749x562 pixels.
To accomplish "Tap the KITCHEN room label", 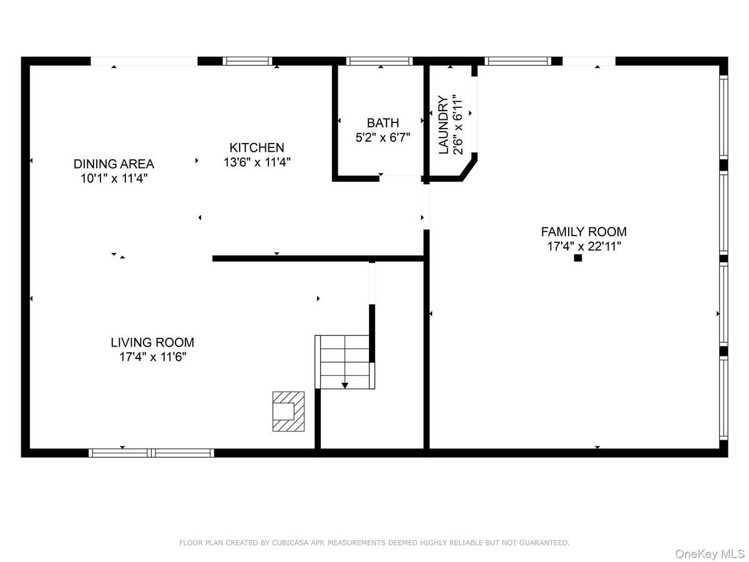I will tap(257, 148).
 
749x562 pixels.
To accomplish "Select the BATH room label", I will tap(383, 123).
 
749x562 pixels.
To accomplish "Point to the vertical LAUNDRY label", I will tap(443, 125).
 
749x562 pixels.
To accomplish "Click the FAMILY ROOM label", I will tap(584, 232).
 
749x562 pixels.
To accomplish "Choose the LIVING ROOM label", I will tap(152, 342).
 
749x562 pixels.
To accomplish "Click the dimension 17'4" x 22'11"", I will tap(584, 246).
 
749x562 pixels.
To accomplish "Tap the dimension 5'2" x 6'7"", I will tap(383, 137).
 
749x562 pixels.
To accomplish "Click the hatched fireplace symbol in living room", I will tap(288, 412).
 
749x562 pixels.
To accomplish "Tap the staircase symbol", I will tap(345, 361).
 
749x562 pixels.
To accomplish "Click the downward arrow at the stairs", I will tap(345, 385).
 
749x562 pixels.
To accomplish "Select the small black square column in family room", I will tap(578, 258).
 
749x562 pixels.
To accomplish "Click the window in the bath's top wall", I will tap(379, 61).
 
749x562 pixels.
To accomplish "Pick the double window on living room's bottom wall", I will tap(152, 453).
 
